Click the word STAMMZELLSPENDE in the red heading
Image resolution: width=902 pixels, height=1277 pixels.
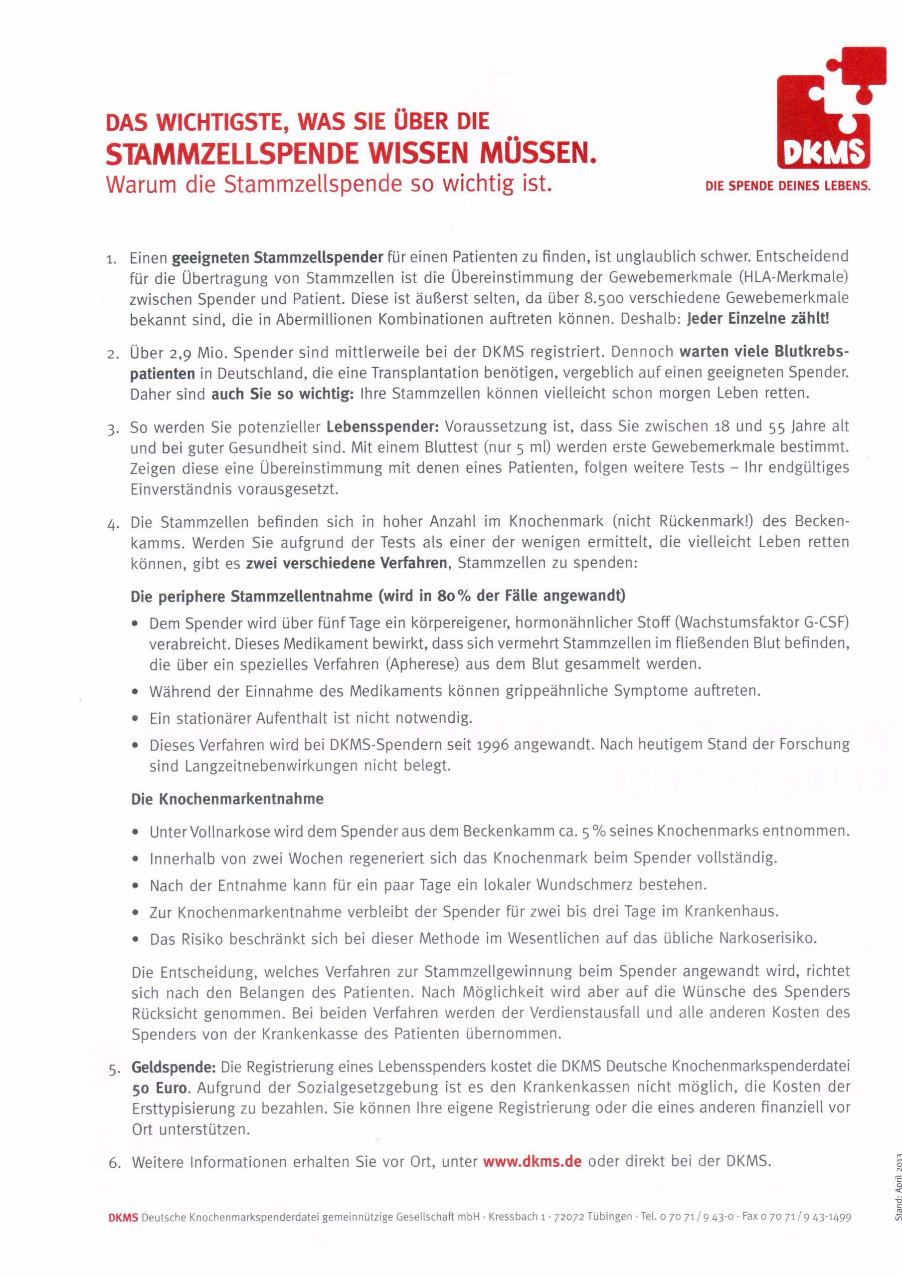pos(228,155)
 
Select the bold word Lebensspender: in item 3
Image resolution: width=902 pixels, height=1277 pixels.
pos(382,427)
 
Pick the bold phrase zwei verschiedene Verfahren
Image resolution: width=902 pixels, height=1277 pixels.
pos(347,563)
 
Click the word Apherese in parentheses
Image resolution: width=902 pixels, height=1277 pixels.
pos(423,663)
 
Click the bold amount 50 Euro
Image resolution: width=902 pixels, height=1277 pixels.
pos(160,1087)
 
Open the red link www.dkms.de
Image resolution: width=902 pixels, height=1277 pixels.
pos(532,1162)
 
